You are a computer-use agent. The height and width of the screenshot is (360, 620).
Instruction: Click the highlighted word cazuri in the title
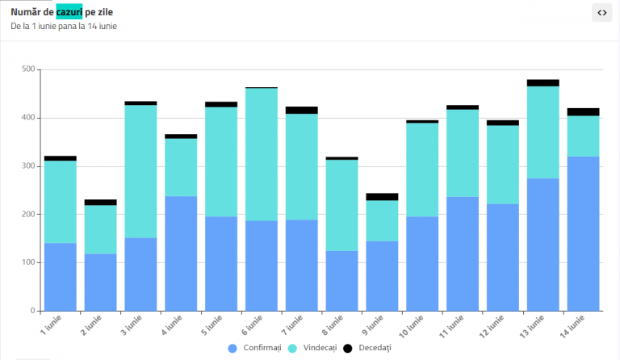coord(69,12)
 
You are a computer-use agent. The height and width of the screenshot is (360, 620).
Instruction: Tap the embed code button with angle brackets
coord(601,13)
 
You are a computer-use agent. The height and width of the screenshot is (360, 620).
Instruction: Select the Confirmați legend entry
coord(254,348)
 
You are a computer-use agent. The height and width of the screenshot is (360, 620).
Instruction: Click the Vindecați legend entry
coord(312,348)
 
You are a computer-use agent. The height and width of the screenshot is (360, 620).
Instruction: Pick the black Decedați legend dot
coord(348,349)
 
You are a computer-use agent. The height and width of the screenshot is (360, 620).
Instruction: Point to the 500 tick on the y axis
coord(28,69)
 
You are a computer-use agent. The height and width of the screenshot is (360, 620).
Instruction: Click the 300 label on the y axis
coord(28,166)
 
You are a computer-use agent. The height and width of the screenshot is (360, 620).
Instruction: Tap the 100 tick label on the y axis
coord(28,262)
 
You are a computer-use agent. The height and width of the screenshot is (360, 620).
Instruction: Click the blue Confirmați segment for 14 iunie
coord(583,233)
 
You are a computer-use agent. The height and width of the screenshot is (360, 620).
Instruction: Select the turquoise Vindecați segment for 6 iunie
coord(262,154)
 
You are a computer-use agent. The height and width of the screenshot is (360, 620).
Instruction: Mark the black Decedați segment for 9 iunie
coord(382,197)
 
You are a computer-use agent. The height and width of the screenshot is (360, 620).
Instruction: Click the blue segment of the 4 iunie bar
coord(181,253)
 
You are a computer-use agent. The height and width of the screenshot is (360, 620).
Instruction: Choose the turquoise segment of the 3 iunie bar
coord(140,171)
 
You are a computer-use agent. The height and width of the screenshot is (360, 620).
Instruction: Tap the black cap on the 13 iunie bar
coord(542,83)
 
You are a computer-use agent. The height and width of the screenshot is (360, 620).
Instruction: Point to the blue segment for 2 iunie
coord(100,283)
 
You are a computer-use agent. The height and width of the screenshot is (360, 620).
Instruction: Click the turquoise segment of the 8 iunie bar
coord(342,206)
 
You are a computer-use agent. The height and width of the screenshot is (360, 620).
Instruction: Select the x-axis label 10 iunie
coord(411,326)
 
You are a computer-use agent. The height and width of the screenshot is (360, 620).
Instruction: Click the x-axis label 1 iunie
coord(51,325)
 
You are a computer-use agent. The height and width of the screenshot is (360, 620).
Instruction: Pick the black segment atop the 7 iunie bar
coord(302,111)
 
